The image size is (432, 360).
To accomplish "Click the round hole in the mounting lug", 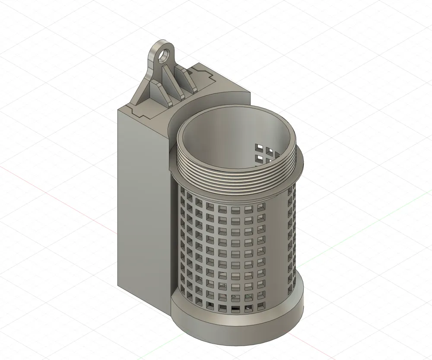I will tap(163, 55).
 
